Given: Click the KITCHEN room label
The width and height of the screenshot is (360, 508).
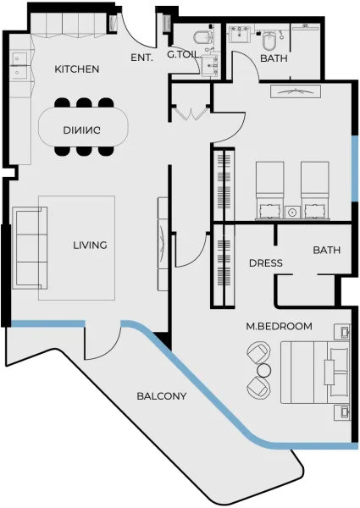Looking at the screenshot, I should (77, 69).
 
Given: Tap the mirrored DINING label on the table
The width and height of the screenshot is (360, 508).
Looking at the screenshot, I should (82, 130).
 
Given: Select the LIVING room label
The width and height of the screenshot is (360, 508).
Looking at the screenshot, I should (90, 246).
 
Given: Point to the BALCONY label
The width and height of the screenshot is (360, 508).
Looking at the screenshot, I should (162, 395).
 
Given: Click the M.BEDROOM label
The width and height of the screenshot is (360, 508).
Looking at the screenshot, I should (279, 326).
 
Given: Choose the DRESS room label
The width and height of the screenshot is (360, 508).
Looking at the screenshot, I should (265, 262).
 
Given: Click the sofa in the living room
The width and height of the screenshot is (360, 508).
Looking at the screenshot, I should (30, 247).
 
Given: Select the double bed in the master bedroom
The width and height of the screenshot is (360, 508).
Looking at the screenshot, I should (313, 373).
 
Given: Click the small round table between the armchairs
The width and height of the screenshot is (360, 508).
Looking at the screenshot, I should (263, 371).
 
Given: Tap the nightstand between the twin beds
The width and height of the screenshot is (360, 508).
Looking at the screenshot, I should (292, 211).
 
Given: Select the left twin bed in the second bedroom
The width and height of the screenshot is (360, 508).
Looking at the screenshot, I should (270, 190).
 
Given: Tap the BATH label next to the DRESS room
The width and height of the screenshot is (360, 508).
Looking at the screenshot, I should (326, 250).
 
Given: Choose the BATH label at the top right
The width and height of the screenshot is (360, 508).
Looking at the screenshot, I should (274, 58).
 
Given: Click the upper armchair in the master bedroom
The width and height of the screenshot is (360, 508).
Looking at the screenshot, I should (257, 353).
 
